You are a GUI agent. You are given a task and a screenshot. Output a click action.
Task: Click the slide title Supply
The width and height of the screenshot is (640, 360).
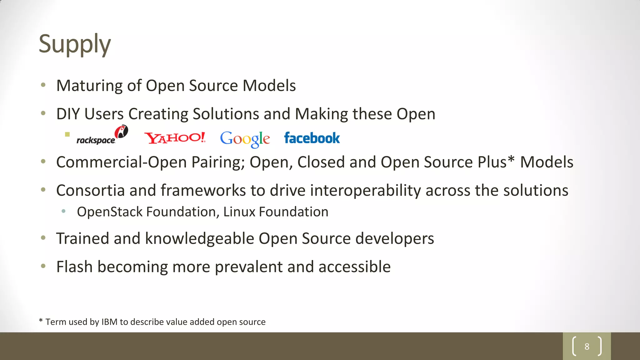pos(75,44)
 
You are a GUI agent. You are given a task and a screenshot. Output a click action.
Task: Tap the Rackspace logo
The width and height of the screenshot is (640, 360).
pos(102,136)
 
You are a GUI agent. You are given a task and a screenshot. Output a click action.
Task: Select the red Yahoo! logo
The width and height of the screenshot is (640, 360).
pos(175,138)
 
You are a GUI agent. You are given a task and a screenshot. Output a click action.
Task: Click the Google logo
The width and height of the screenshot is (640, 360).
pos(245,139)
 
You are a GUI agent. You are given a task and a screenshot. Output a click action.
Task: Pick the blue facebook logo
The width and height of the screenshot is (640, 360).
pos(312,138)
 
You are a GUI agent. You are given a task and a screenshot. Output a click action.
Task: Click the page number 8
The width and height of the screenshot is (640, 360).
pos(587,346)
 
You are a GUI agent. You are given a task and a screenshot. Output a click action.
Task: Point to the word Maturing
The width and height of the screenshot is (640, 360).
pos(89,86)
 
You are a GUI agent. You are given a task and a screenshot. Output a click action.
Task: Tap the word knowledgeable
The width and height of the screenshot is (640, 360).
pos(200,239)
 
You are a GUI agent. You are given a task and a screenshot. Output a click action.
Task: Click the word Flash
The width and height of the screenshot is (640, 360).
pos(74,267)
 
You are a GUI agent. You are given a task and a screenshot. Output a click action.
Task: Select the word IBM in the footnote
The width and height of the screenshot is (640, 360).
pos(109,322)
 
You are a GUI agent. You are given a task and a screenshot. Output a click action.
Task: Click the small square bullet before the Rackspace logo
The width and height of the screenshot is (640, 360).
pos(67,134)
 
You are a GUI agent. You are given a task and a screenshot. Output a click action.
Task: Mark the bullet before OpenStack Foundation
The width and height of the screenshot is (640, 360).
pos(64,212)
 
